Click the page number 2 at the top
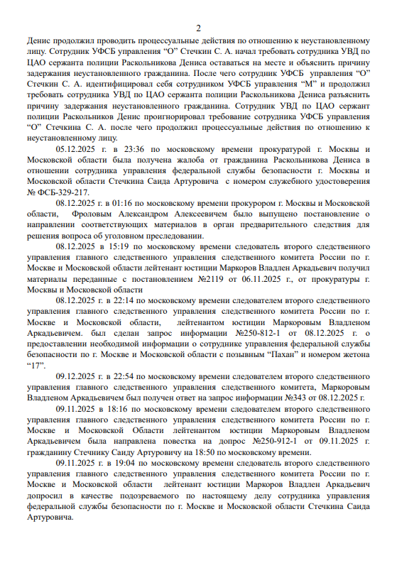(199, 28)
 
